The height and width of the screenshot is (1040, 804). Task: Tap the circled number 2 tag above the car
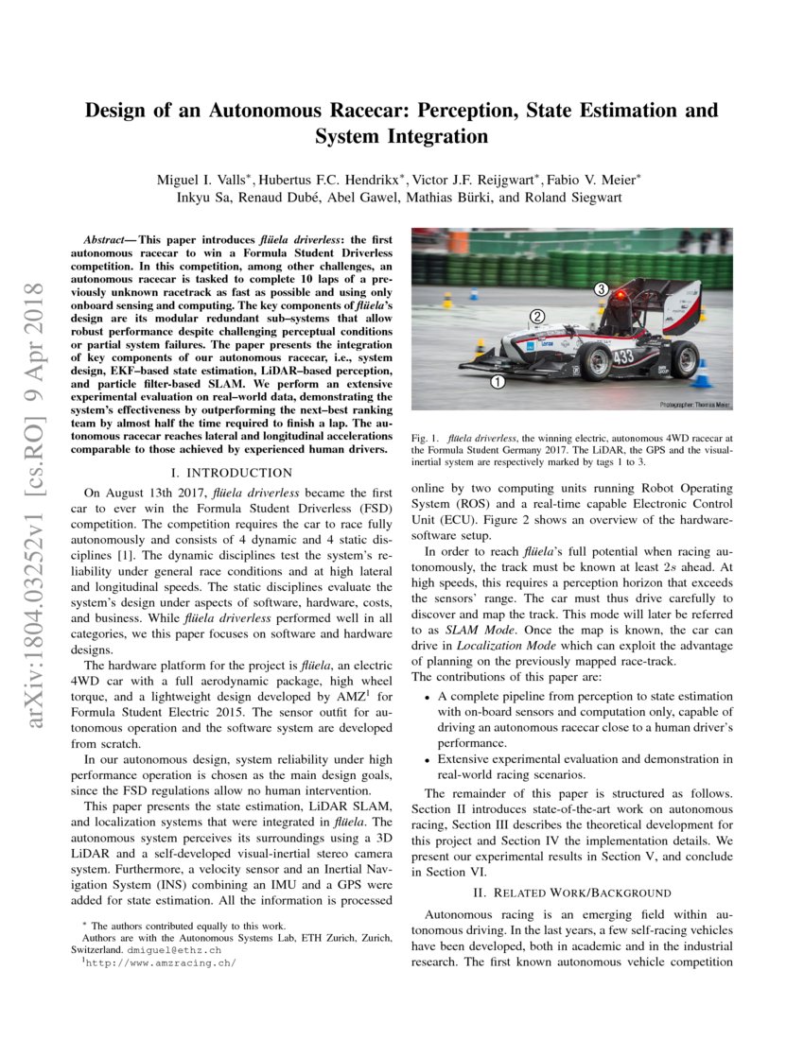pos(536,316)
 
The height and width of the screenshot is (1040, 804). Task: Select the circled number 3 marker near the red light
pos(600,288)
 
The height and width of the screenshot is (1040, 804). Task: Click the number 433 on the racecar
pos(623,357)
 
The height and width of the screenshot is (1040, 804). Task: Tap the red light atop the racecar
pos(620,296)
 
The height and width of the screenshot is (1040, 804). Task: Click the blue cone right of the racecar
pos(701,374)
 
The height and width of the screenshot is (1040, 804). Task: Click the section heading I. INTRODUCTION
pos(233,472)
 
